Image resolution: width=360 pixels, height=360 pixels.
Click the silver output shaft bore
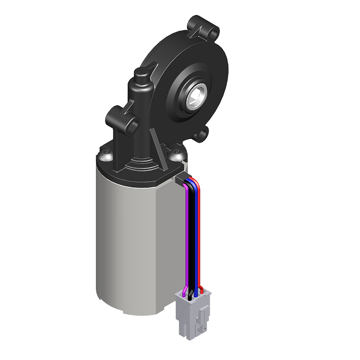tap(196, 96)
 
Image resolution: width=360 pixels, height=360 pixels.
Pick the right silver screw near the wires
tap(176, 153)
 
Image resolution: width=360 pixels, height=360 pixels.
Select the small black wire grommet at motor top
tap(180, 180)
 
